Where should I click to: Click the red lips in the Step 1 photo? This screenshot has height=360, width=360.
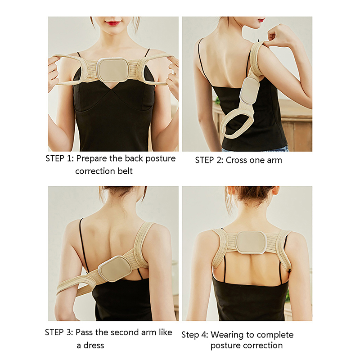tap(113, 23)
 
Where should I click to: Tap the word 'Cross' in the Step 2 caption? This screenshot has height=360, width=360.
tap(236, 160)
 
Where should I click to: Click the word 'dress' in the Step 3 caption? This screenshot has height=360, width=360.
tap(94, 345)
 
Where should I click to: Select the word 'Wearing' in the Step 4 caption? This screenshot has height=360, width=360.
tap(227, 335)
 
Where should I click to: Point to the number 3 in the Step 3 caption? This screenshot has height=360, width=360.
tap(69, 332)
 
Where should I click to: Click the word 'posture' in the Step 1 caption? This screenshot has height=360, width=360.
tap(161, 159)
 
